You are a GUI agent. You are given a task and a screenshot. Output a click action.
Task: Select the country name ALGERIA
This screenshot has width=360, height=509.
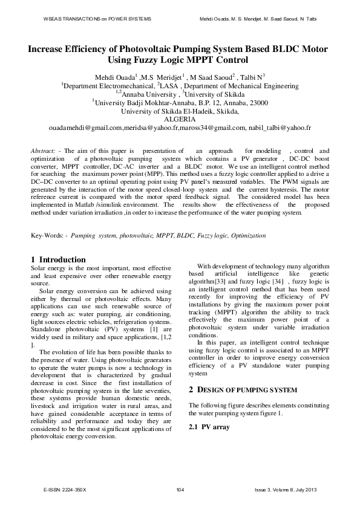180,120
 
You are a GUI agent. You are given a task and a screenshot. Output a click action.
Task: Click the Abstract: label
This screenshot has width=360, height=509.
44,151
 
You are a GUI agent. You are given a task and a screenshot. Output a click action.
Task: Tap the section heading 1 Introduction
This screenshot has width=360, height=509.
58,259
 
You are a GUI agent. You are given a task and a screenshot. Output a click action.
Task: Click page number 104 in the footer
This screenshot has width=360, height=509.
180,488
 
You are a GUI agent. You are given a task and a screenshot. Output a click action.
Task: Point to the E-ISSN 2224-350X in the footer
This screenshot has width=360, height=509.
65,488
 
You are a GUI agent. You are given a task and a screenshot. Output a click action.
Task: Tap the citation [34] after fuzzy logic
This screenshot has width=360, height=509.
278,282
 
